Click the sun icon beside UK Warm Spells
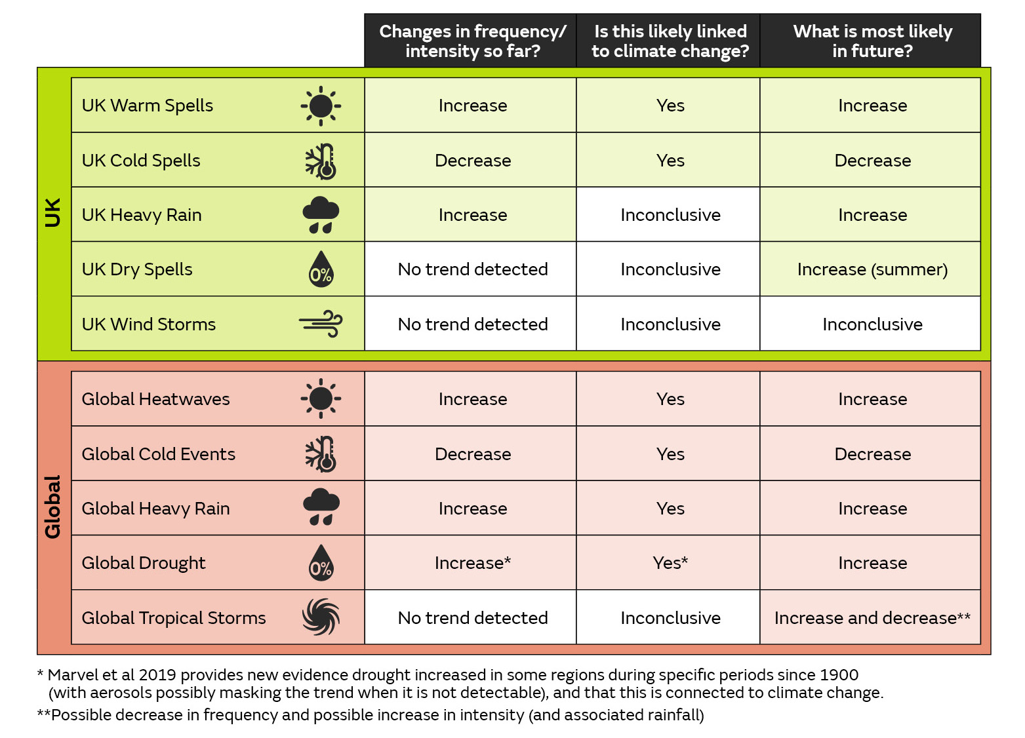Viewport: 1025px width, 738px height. tap(321, 106)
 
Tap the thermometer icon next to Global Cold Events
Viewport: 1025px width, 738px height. tap(321, 454)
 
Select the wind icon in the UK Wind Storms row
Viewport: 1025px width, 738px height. tap(321, 324)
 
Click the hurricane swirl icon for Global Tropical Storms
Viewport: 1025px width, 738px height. tap(321, 617)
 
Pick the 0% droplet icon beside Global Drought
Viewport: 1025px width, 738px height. tap(321, 563)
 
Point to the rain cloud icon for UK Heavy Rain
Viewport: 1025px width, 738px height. tap(321, 214)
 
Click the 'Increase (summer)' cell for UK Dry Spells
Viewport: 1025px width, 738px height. tap(872, 269)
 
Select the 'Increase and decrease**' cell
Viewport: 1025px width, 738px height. tap(872, 618)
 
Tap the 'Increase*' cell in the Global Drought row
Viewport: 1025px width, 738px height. tap(472, 563)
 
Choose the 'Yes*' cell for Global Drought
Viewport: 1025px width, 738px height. tap(670, 563)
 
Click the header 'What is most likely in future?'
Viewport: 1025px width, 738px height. tap(872, 41)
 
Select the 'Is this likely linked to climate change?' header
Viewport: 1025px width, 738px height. tap(670, 41)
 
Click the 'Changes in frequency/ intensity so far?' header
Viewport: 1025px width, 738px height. tap(472, 41)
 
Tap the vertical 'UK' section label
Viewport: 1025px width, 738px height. tap(52, 212)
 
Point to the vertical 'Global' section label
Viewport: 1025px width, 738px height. tap(52, 507)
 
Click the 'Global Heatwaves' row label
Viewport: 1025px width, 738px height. tap(155, 399)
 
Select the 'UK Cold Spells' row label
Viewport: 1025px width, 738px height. tap(141, 161)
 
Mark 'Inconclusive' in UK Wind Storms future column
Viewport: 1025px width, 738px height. tap(872, 324)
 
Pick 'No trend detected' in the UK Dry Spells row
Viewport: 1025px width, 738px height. tap(472, 269)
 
